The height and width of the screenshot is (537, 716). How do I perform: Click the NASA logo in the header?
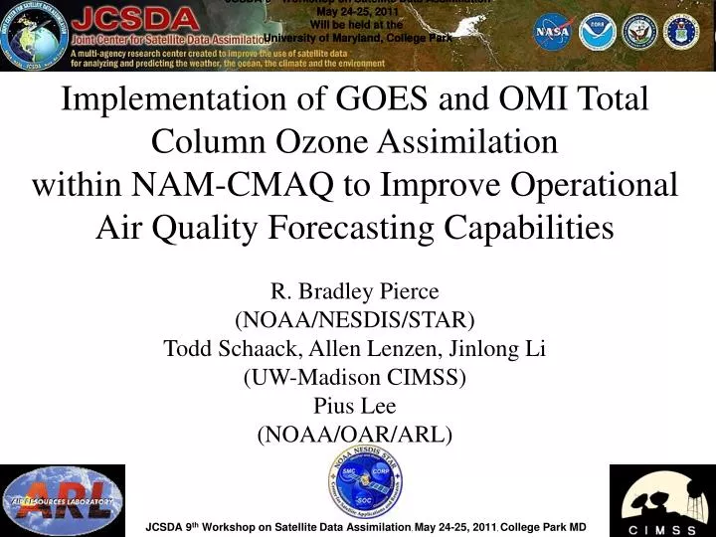pos(553,32)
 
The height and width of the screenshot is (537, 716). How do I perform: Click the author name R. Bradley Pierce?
pos(355,291)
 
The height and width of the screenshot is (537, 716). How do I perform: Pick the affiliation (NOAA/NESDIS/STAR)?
pos(355,320)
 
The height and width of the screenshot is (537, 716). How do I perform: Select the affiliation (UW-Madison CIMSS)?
pos(355,378)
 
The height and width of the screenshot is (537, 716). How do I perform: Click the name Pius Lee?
pos(355,406)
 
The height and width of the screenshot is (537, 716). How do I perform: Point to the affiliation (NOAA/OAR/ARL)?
pos(355,435)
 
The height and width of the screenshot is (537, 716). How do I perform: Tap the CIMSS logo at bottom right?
pos(661,500)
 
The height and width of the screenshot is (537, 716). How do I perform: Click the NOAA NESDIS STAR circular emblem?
pos(366,482)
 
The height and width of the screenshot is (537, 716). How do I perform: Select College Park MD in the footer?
pos(543,525)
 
